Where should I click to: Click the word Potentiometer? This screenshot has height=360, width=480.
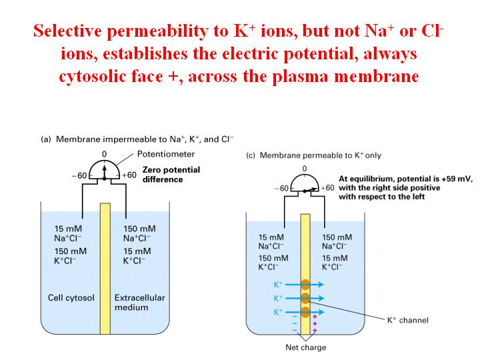pyautogui.click(x=165, y=154)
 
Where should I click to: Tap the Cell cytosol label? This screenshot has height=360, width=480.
pyautogui.click(x=71, y=298)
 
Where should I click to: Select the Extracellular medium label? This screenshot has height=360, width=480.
pyautogui.click(x=139, y=303)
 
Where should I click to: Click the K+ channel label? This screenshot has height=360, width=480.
pyautogui.click(x=408, y=320)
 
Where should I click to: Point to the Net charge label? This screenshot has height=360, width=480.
pyautogui.click(x=306, y=347)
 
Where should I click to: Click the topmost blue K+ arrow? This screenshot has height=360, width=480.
pyautogui.click(x=304, y=285)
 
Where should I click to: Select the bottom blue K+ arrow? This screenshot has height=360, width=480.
pyautogui.click(x=304, y=312)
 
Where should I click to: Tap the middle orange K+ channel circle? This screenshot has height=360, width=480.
pyautogui.click(x=305, y=298)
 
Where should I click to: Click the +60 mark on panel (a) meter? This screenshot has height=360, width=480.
pyautogui.click(x=129, y=175)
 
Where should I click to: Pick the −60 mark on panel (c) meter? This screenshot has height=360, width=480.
pyautogui.click(x=281, y=188)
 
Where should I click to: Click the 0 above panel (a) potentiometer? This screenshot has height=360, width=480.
pyautogui.click(x=105, y=154)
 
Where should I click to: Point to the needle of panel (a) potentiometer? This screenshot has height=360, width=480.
pyautogui.click(x=105, y=173)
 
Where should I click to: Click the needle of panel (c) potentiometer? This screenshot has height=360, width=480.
pyautogui.click(x=311, y=190)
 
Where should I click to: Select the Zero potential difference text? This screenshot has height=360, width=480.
pyautogui.click(x=171, y=175)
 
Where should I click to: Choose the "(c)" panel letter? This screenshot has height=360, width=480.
pyautogui.click(x=251, y=155)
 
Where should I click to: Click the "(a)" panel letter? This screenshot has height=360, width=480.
pyautogui.click(x=45, y=139)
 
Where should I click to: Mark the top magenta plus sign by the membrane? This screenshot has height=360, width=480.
pyautogui.click(x=315, y=317)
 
